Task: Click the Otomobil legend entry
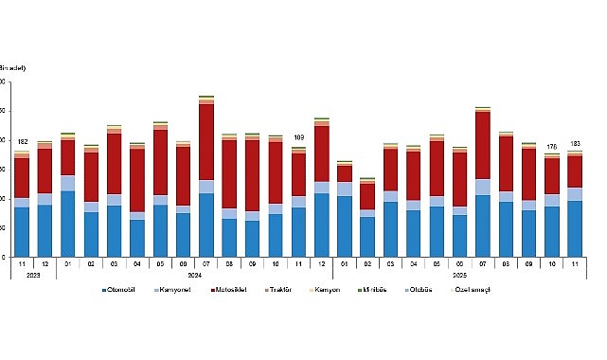(x=122, y=288)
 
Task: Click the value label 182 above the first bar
(x=21, y=141)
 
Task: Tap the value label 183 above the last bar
(x=575, y=143)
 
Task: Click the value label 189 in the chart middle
(x=298, y=137)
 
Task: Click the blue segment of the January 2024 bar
(x=67, y=224)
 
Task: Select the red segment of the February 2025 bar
(x=367, y=196)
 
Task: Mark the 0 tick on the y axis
(x=3, y=257)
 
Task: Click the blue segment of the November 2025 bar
(x=575, y=228)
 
